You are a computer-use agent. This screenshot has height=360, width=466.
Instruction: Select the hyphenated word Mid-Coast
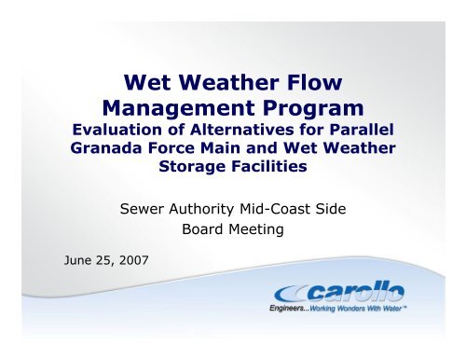[293, 201]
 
